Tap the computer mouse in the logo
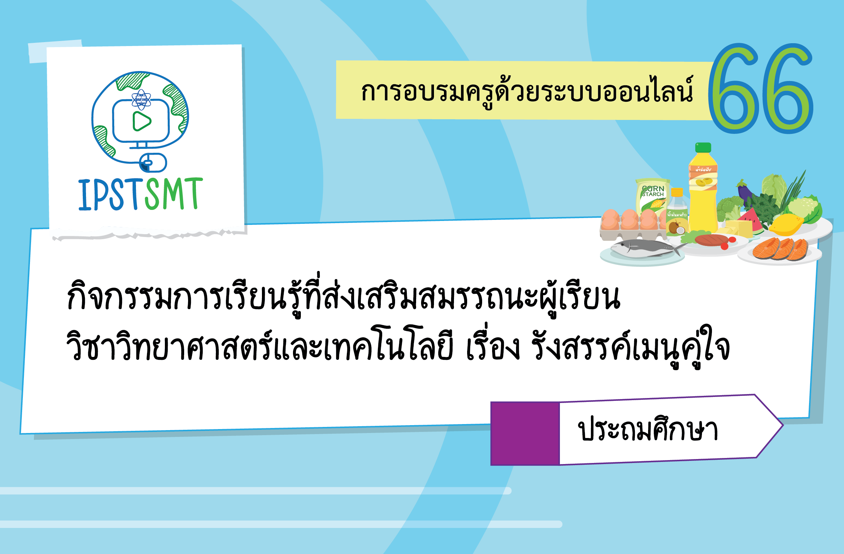153,163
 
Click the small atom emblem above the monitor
141,99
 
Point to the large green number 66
760,89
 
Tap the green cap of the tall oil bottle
703,147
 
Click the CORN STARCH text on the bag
653,191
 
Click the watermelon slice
752,220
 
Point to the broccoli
728,207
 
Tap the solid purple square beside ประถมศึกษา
525,433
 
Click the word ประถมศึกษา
647,430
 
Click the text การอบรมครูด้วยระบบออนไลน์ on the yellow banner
527,91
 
